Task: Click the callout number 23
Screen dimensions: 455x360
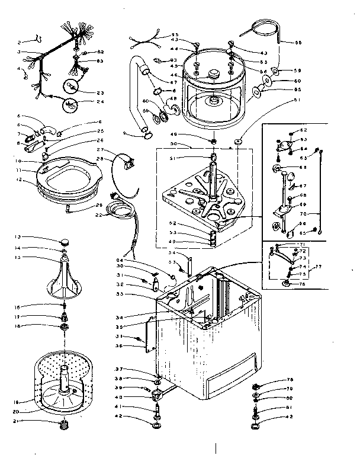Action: tap(99, 92)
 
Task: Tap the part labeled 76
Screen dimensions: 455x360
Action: tap(287, 284)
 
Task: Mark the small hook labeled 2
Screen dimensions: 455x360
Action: tap(38, 40)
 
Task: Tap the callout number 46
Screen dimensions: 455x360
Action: tap(175, 75)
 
